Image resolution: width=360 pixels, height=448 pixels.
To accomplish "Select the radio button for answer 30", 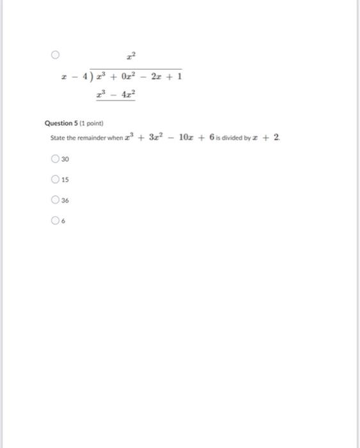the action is (56, 159).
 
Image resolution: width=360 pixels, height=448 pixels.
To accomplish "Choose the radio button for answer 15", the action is (56, 179).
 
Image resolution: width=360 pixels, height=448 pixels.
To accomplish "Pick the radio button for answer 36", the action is (56, 200).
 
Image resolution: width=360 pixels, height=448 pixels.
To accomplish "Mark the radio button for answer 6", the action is (56, 221).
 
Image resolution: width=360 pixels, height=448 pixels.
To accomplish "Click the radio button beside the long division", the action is (56, 55).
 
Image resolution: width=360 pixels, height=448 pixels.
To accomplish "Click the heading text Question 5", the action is (63, 123).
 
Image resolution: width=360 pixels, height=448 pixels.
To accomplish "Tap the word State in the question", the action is (58, 138).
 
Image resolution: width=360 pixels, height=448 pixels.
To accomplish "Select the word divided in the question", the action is (237, 138).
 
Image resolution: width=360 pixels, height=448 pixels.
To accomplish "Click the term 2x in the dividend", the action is (159, 77).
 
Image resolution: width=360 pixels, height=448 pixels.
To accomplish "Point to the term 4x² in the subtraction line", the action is (129, 95).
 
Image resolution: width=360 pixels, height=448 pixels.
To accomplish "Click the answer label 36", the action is (65, 200).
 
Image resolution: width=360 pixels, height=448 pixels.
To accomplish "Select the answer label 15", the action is (65, 179).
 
